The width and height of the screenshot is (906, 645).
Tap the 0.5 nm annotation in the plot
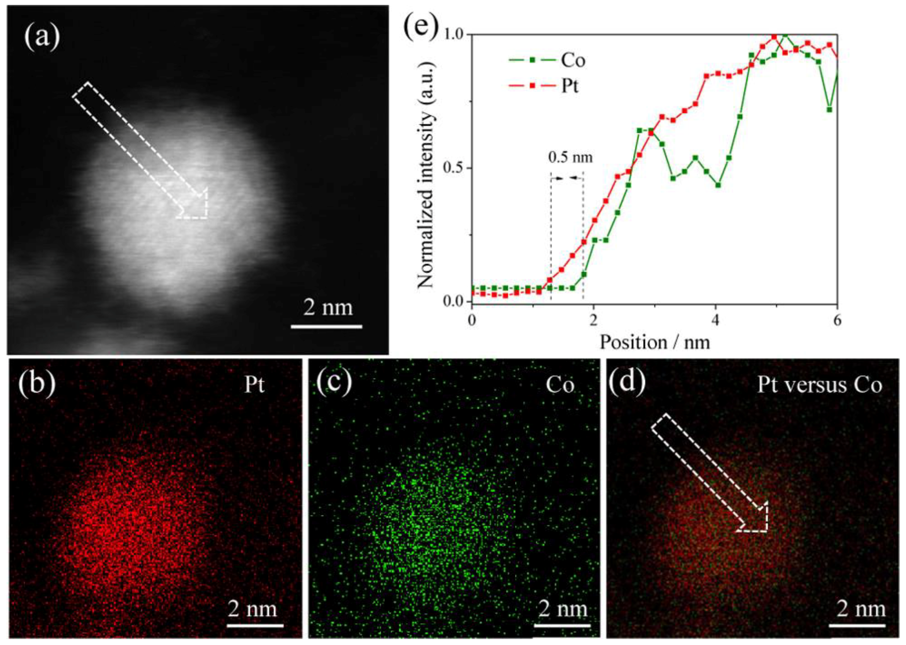(570, 158)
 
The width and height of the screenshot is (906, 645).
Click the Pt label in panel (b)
(254, 384)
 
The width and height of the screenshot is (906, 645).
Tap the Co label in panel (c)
(560, 384)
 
